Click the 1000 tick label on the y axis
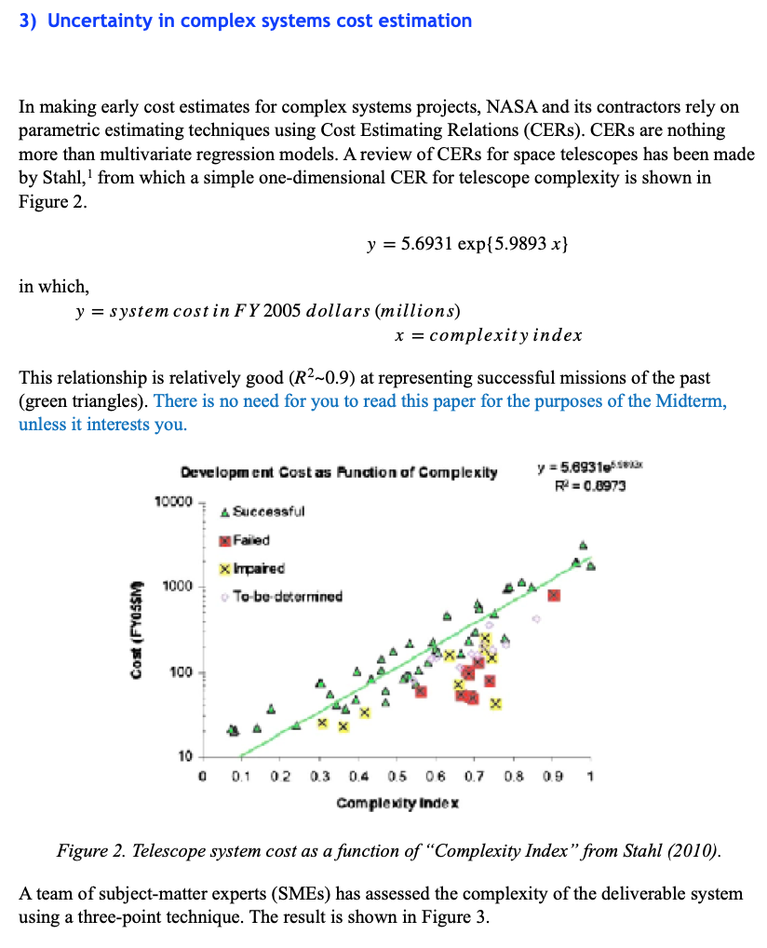click(176, 587)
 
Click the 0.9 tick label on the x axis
click(552, 776)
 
